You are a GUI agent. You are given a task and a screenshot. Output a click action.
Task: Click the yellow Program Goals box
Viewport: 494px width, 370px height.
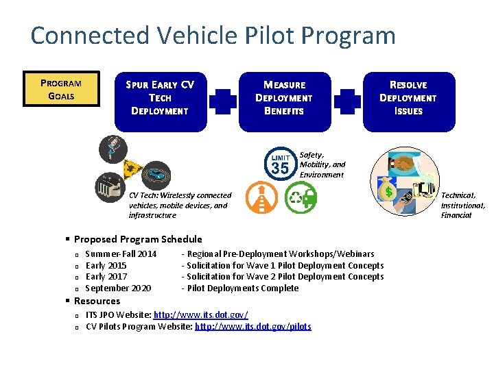pyautogui.click(x=61, y=90)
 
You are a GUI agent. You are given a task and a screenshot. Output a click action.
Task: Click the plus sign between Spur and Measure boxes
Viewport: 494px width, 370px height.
pyautogui.click(x=222, y=101)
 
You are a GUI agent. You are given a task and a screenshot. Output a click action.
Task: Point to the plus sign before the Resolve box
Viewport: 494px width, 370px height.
pyautogui.click(x=346, y=101)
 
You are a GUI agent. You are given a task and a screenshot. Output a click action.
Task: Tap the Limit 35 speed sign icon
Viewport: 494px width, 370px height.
pyautogui.click(x=280, y=163)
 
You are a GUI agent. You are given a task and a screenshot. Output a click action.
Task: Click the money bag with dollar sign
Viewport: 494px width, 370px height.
pyautogui.click(x=388, y=192)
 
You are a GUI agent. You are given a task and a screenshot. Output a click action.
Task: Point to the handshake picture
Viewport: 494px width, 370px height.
pyautogui.click(x=403, y=164)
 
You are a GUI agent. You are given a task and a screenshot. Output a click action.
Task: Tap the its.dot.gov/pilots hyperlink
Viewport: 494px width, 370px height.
pyautogui.click(x=252, y=327)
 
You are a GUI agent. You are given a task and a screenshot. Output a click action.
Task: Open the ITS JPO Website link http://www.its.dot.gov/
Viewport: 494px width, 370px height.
pyautogui.click(x=200, y=314)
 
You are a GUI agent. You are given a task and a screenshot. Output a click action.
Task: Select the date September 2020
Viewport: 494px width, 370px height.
pyautogui.click(x=118, y=288)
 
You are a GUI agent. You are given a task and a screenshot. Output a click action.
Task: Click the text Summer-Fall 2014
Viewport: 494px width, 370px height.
pyautogui.click(x=121, y=254)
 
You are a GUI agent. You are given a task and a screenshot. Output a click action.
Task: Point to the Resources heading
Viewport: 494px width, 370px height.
pyautogui.click(x=97, y=301)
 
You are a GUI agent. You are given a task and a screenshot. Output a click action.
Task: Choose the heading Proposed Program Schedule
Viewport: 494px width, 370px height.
pyautogui.click(x=138, y=239)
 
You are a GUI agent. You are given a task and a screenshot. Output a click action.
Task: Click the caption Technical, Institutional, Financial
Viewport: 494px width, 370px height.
pyautogui.click(x=462, y=205)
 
